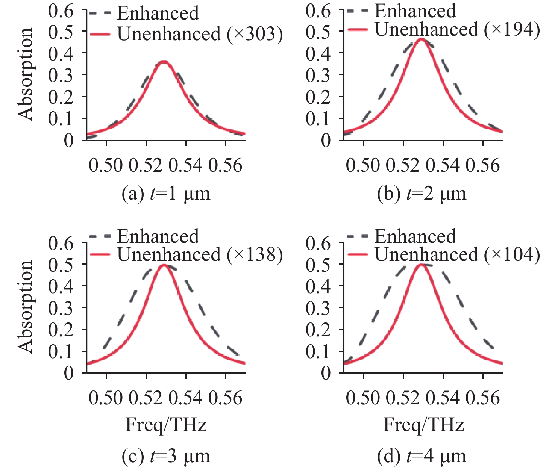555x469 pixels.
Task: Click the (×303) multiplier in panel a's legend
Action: [x=255, y=34]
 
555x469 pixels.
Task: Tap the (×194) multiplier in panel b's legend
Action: [x=512, y=30]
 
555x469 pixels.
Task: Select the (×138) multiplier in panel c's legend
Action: [x=255, y=254]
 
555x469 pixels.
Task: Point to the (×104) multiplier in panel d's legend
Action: [x=512, y=254]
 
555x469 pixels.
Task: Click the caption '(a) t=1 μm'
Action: [x=166, y=194]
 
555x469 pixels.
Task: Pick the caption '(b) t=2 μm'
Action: [x=422, y=194]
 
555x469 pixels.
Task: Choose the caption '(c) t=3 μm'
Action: [x=166, y=456]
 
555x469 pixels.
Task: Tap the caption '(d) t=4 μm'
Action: [x=422, y=456]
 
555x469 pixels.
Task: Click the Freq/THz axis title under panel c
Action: [x=166, y=425]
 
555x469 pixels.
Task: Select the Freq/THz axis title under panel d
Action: [x=423, y=425]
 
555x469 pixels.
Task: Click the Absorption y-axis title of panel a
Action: [x=26, y=74]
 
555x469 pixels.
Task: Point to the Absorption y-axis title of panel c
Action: [x=26, y=307]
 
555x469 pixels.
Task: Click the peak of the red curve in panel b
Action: [x=422, y=39]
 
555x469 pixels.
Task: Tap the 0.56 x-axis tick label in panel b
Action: [x=483, y=165]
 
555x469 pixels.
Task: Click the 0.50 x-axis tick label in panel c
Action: [x=106, y=398]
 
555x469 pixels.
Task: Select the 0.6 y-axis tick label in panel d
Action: [x=318, y=243]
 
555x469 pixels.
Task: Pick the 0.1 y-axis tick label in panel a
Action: [x=61, y=119]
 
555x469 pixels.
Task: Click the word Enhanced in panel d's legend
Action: [x=415, y=236]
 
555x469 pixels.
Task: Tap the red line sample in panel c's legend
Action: [x=100, y=254]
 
